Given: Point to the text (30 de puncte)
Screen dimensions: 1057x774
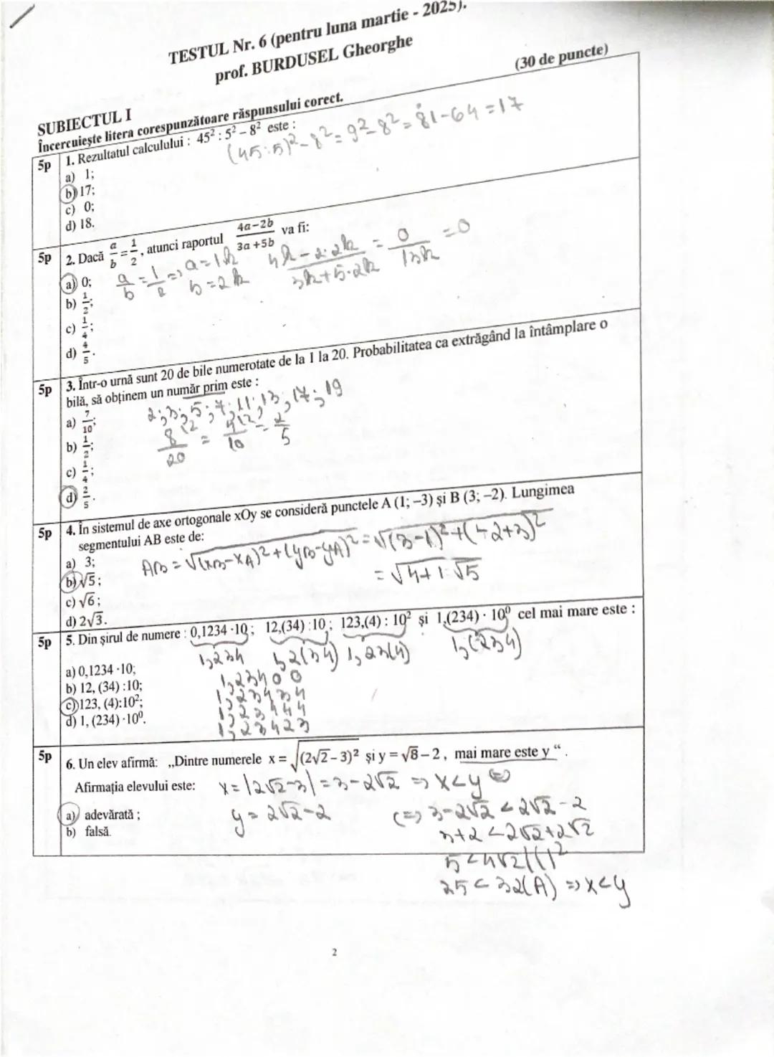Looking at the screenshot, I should pos(560,57).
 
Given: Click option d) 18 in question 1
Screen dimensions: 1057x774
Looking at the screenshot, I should pos(80,223).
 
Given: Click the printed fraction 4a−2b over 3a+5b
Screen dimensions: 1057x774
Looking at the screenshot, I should pos(255,234).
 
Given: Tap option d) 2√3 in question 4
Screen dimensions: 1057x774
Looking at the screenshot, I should pos(85,620).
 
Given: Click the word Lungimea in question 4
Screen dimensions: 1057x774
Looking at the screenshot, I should pos(543,491).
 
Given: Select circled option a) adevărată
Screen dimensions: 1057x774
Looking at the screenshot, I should pos(101,815).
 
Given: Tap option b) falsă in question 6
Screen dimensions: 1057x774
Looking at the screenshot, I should pos(89,832).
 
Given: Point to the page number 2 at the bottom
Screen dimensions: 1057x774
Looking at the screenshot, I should pos(334,953).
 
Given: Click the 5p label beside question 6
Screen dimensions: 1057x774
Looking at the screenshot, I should pos(45,756).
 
